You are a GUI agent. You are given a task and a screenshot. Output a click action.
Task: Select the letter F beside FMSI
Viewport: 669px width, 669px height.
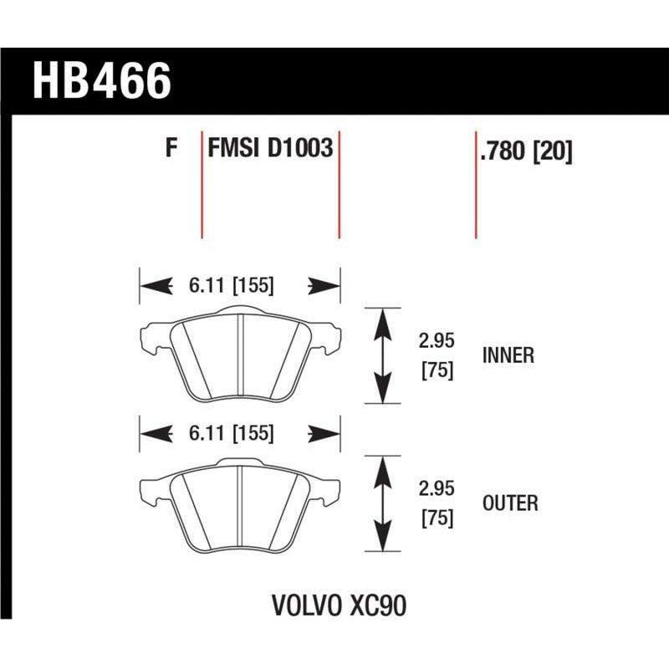click(x=171, y=150)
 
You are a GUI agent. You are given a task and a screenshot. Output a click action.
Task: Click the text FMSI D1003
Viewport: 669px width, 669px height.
click(x=269, y=150)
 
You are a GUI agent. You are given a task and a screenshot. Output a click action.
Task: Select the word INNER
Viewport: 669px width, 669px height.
click(x=508, y=355)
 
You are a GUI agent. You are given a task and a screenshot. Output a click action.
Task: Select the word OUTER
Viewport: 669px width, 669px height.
click(x=509, y=503)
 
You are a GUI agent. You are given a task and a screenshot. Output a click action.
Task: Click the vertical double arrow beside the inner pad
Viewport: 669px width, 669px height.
click(x=382, y=355)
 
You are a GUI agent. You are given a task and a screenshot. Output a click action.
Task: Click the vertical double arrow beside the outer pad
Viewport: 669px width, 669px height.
click(x=382, y=503)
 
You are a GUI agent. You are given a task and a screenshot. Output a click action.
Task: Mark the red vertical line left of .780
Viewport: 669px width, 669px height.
click(x=476, y=184)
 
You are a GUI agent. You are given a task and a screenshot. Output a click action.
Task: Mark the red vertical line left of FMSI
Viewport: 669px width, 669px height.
click(x=202, y=184)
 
